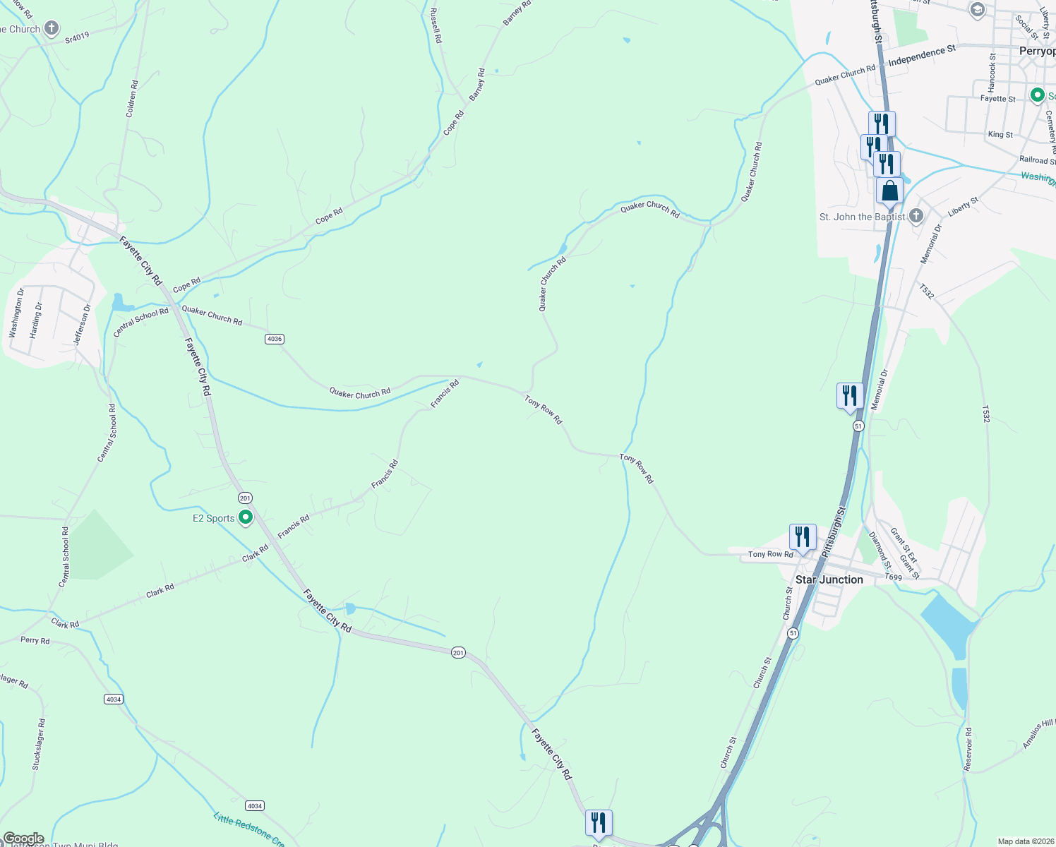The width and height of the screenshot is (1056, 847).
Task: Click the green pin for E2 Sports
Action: point(246,517)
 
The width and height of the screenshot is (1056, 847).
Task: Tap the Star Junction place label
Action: point(829,579)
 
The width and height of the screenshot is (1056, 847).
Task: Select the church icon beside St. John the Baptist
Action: point(916,216)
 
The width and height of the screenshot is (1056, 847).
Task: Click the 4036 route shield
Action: point(275,339)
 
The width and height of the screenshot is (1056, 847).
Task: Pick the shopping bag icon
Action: point(889,191)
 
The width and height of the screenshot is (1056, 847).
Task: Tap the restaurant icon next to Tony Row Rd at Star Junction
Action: point(802,537)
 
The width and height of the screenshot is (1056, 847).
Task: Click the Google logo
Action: point(23,839)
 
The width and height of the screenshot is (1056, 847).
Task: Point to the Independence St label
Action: point(921,56)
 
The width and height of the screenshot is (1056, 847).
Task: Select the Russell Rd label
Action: point(436,25)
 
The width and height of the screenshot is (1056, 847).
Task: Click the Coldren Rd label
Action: point(132,98)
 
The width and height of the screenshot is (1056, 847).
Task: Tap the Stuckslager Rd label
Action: point(39,744)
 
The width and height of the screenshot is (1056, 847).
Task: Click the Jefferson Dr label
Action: point(83,324)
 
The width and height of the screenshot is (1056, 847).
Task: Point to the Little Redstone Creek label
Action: point(248,830)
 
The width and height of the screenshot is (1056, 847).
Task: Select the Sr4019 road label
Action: point(77,37)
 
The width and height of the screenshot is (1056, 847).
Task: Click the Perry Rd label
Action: point(35,640)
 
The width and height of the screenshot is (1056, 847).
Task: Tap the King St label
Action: point(1000,134)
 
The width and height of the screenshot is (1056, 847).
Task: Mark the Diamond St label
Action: point(880,551)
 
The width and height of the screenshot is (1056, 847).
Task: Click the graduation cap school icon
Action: point(977,9)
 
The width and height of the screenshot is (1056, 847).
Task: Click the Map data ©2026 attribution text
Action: point(1025,841)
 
